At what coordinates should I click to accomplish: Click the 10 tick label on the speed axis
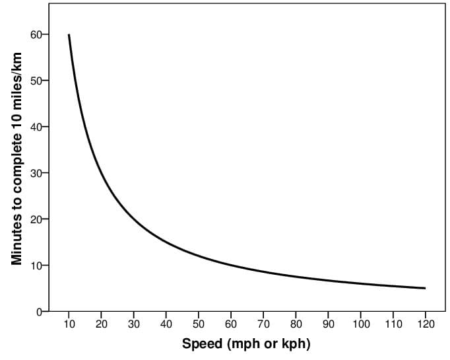pos(69,324)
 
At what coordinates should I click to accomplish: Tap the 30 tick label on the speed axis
pos(133,324)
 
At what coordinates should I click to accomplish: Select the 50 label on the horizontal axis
pos(198,324)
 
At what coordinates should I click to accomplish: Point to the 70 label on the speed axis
pos(263,324)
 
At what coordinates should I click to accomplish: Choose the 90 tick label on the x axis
pos(328,324)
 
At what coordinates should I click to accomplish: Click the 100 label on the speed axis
pos(360,324)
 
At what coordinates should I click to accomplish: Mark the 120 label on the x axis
pos(425,324)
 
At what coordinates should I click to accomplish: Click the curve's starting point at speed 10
pos(69,35)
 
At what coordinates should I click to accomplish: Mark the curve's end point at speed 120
pos(425,288)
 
